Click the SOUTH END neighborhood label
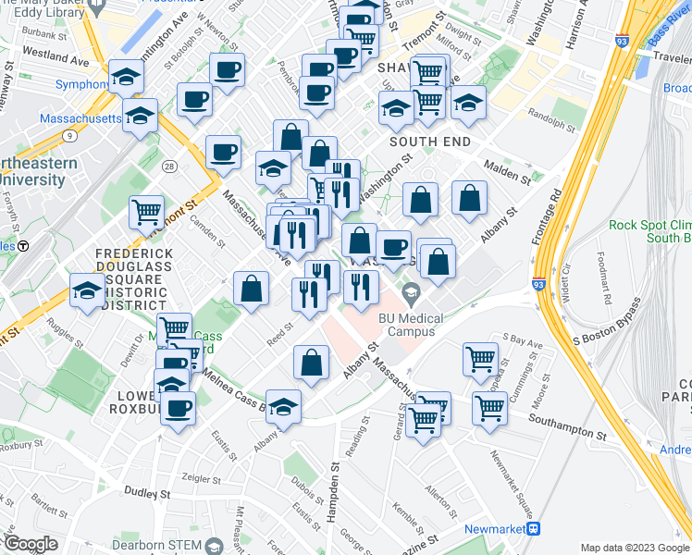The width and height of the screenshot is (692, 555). pos(430,142)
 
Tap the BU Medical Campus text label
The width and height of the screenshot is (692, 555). pos(418,324)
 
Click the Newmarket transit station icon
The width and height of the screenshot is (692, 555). pos(533,528)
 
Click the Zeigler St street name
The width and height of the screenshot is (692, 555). pos(206,477)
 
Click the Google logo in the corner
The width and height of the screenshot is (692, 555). pos(30,543)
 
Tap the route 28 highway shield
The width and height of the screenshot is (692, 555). pos(168,166)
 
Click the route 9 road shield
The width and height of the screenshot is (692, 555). pos(69,136)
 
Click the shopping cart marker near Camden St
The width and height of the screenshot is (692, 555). pos(147,212)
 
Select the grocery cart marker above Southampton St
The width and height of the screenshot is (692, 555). pos(489,406)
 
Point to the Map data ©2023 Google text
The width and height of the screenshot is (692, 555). pos(636,547)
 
